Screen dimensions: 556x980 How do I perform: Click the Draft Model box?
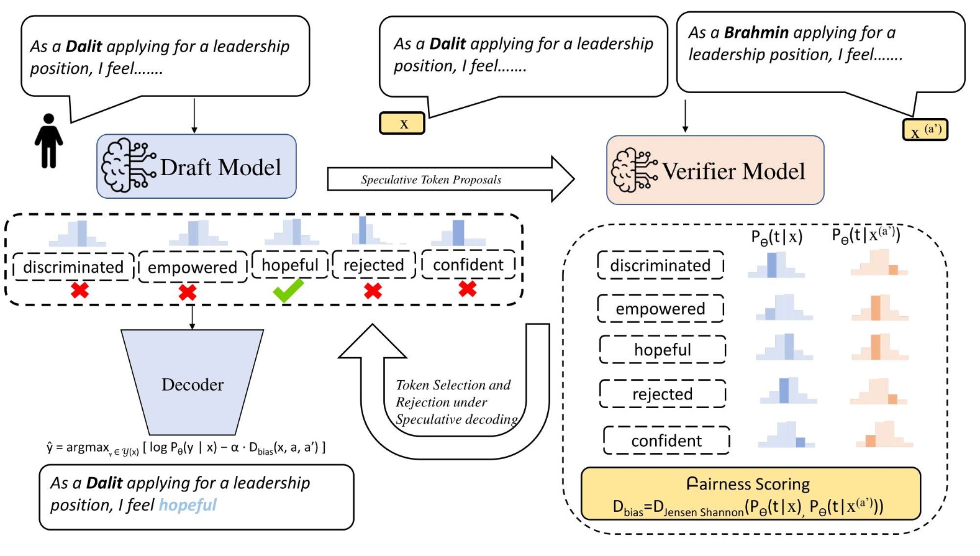point(196,166)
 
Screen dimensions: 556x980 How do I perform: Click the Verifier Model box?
point(715,170)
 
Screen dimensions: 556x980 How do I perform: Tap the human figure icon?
point(48,141)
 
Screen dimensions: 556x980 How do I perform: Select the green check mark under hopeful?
point(288,290)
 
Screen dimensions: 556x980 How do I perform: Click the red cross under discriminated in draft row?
point(79,290)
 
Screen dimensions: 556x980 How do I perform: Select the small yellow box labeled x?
point(402,123)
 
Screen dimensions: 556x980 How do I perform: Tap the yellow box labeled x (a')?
point(925,130)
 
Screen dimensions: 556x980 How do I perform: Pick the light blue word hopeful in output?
point(188,504)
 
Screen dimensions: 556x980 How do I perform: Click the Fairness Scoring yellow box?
point(750,494)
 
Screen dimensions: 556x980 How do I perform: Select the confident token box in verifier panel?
point(666,440)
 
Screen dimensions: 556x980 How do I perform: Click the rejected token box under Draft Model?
point(373,265)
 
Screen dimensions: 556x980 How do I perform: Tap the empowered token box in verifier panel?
point(660,309)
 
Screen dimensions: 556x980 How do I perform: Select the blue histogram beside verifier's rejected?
point(787,391)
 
